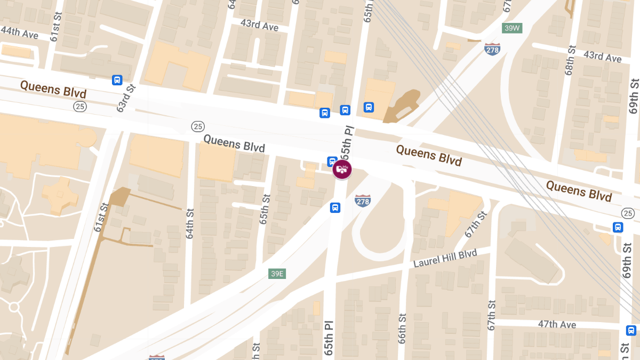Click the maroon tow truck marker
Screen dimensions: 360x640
pyautogui.click(x=342, y=170)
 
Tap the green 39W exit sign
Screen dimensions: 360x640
pyautogui.click(x=511, y=28)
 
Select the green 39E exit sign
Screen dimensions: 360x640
pyautogui.click(x=277, y=274)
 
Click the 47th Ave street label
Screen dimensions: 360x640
pyautogui.click(x=557, y=324)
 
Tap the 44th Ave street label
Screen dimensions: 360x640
pyautogui.click(x=19, y=32)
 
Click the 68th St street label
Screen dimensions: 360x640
pyautogui.click(x=571, y=59)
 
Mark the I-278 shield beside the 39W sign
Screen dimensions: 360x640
pyautogui.click(x=492, y=49)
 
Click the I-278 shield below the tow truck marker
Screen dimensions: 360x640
pyautogui.click(x=362, y=201)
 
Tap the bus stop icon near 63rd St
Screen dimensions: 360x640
pyautogui.click(x=117, y=80)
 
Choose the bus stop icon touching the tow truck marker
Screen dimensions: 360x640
pyautogui.click(x=332, y=161)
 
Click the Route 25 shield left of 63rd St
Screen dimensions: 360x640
pyautogui.click(x=80, y=107)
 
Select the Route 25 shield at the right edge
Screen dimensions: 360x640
pyautogui.click(x=628, y=213)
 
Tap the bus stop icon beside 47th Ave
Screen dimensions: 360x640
pyautogui.click(x=631, y=331)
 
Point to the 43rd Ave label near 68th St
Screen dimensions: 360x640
pyautogui.click(x=603, y=57)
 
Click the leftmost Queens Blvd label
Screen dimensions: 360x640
pyautogui.click(x=53, y=89)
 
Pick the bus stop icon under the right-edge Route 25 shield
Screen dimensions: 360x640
pyautogui.click(x=618, y=227)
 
